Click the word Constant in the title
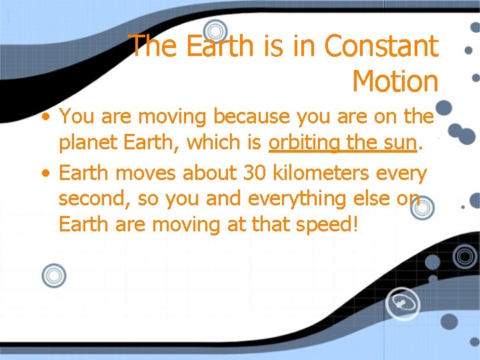381,46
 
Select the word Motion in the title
395,81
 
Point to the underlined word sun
399,143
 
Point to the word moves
147,173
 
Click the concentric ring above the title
215,31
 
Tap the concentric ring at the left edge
53,275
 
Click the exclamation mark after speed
356,225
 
